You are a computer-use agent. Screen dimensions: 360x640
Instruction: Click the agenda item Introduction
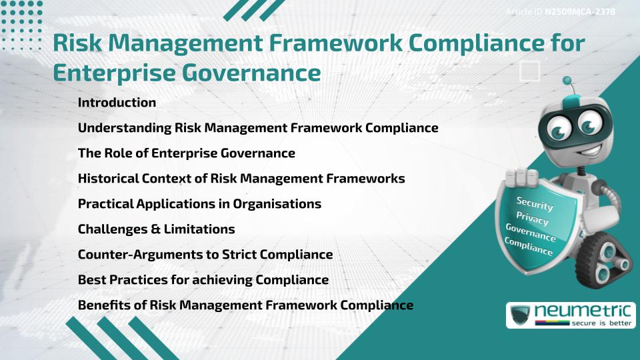[117, 103]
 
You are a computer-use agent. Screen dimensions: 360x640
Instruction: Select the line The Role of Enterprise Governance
[186, 153]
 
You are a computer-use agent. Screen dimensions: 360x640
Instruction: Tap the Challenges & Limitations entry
[156, 229]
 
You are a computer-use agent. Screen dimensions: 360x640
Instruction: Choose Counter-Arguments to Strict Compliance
[205, 255]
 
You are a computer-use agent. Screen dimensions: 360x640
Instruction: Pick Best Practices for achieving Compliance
[203, 280]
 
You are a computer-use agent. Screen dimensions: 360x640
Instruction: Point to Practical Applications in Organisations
[199, 204]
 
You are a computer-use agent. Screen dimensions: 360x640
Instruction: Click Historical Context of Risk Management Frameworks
[241, 179]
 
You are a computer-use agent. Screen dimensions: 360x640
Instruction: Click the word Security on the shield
[535, 204]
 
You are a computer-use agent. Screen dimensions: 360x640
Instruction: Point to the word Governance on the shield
[531, 233]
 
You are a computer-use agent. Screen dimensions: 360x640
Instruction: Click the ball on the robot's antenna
[567, 81]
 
